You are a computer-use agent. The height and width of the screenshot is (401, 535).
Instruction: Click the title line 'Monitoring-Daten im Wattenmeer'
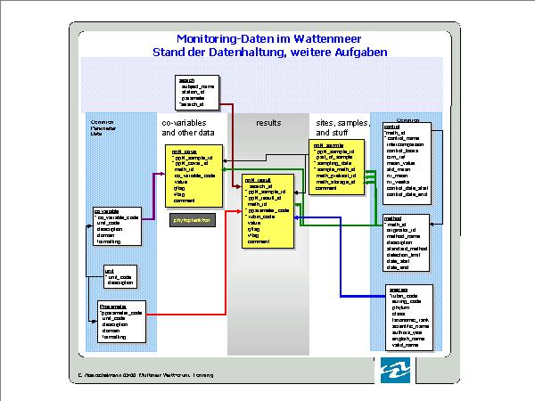click(x=267, y=38)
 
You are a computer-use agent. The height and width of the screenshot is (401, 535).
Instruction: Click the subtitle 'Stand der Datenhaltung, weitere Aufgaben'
click(x=267, y=52)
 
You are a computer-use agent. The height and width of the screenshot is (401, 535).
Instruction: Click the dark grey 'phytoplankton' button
click(x=194, y=219)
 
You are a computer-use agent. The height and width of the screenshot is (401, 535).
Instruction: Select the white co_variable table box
click(x=117, y=226)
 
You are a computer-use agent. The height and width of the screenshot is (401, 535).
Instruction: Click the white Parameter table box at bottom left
click(x=120, y=322)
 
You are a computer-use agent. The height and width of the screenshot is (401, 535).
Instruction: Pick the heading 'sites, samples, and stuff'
click(x=342, y=127)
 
